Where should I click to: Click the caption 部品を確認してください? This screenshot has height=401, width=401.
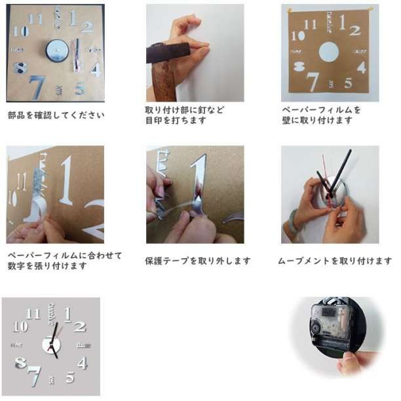click(x=56, y=115)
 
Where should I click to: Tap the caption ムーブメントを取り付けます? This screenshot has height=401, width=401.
click(x=335, y=261)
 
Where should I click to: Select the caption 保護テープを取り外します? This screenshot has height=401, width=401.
click(x=198, y=261)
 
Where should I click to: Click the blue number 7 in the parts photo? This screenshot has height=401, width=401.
click(x=37, y=87)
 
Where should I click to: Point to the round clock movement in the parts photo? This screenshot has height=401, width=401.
click(x=57, y=51)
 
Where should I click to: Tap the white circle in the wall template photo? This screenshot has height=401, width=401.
click(x=329, y=52)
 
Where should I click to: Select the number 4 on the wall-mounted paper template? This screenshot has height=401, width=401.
click(x=362, y=67)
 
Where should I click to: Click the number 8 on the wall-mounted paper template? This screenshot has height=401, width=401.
click(x=299, y=67)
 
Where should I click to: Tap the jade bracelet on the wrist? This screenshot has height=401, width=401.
click(x=294, y=221)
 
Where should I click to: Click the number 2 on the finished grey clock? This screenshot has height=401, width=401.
click(x=80, y=327)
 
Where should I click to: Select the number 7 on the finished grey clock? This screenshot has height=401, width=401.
click(x=35, y=376)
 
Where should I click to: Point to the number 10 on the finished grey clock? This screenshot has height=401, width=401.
click(x=20, y=326)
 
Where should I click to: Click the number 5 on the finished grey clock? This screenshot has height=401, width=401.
click(x=70, y=377)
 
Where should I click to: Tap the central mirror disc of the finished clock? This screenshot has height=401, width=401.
click(x=51, y=345)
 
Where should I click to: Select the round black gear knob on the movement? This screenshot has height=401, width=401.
click(x=316, y=328)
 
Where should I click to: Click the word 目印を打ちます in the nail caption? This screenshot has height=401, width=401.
click(x=176, y=120)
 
